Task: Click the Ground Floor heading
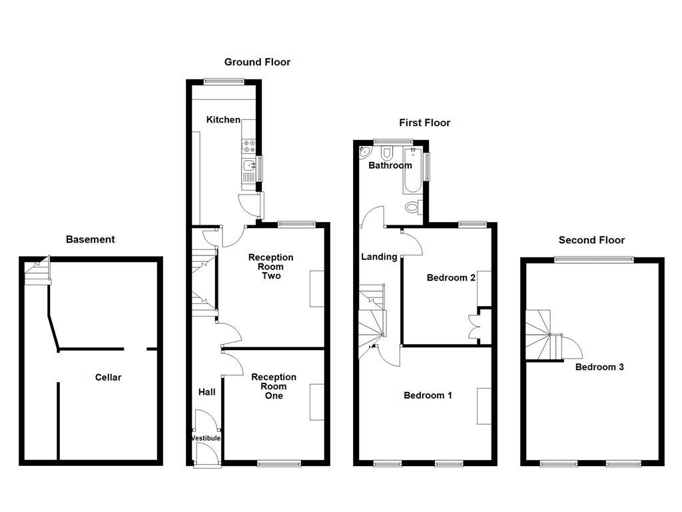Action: click(257, 62)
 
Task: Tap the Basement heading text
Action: click(90, 239)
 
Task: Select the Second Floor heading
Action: click(591, 240)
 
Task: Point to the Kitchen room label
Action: click(223, 120)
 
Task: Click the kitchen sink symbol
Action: click(248, 167)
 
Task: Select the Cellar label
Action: click(108, 377)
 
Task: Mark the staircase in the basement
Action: click(37, 272)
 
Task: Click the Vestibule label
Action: click(206, 438)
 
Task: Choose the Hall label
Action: click(206, 392)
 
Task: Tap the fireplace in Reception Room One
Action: click(316, 402)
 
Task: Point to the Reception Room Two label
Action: click(270, 267)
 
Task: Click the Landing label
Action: click(379, 257)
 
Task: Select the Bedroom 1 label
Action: click(428, 395)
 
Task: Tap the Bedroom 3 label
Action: click(599, 367)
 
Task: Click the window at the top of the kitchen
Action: click(224, 82)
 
